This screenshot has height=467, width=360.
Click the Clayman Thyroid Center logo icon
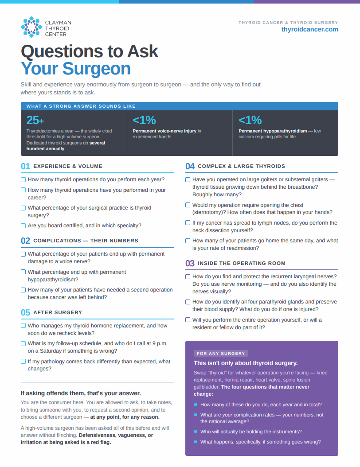[31, 27]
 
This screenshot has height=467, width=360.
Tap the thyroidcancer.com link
[309, 29]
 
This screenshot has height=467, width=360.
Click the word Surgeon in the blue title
[97, 69]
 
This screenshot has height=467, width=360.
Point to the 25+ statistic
[35, 120]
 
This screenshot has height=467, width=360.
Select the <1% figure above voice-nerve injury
[144, 120]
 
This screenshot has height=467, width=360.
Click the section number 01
[25, 166]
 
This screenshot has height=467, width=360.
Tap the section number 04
[190, 166]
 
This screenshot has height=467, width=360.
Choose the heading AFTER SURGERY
[58, 312]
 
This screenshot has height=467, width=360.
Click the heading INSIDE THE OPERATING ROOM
[241, 263]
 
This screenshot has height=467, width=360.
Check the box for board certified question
[23, 226]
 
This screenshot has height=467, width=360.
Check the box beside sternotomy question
[188, 205]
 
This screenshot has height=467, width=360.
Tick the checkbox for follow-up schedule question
[23, 343]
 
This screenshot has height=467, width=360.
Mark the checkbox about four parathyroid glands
[188, 302]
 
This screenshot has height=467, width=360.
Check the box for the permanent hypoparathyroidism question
[23, 272]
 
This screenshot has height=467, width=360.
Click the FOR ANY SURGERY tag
[221, 354]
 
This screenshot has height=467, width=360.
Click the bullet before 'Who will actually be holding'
[196, 432]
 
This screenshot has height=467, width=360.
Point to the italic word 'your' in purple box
[227, 415]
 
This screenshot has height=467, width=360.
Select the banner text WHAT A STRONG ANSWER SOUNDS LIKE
[81, 106]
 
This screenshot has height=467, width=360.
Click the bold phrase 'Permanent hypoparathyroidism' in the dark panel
[273, 131]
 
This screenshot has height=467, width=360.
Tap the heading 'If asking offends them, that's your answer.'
[81, 393]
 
